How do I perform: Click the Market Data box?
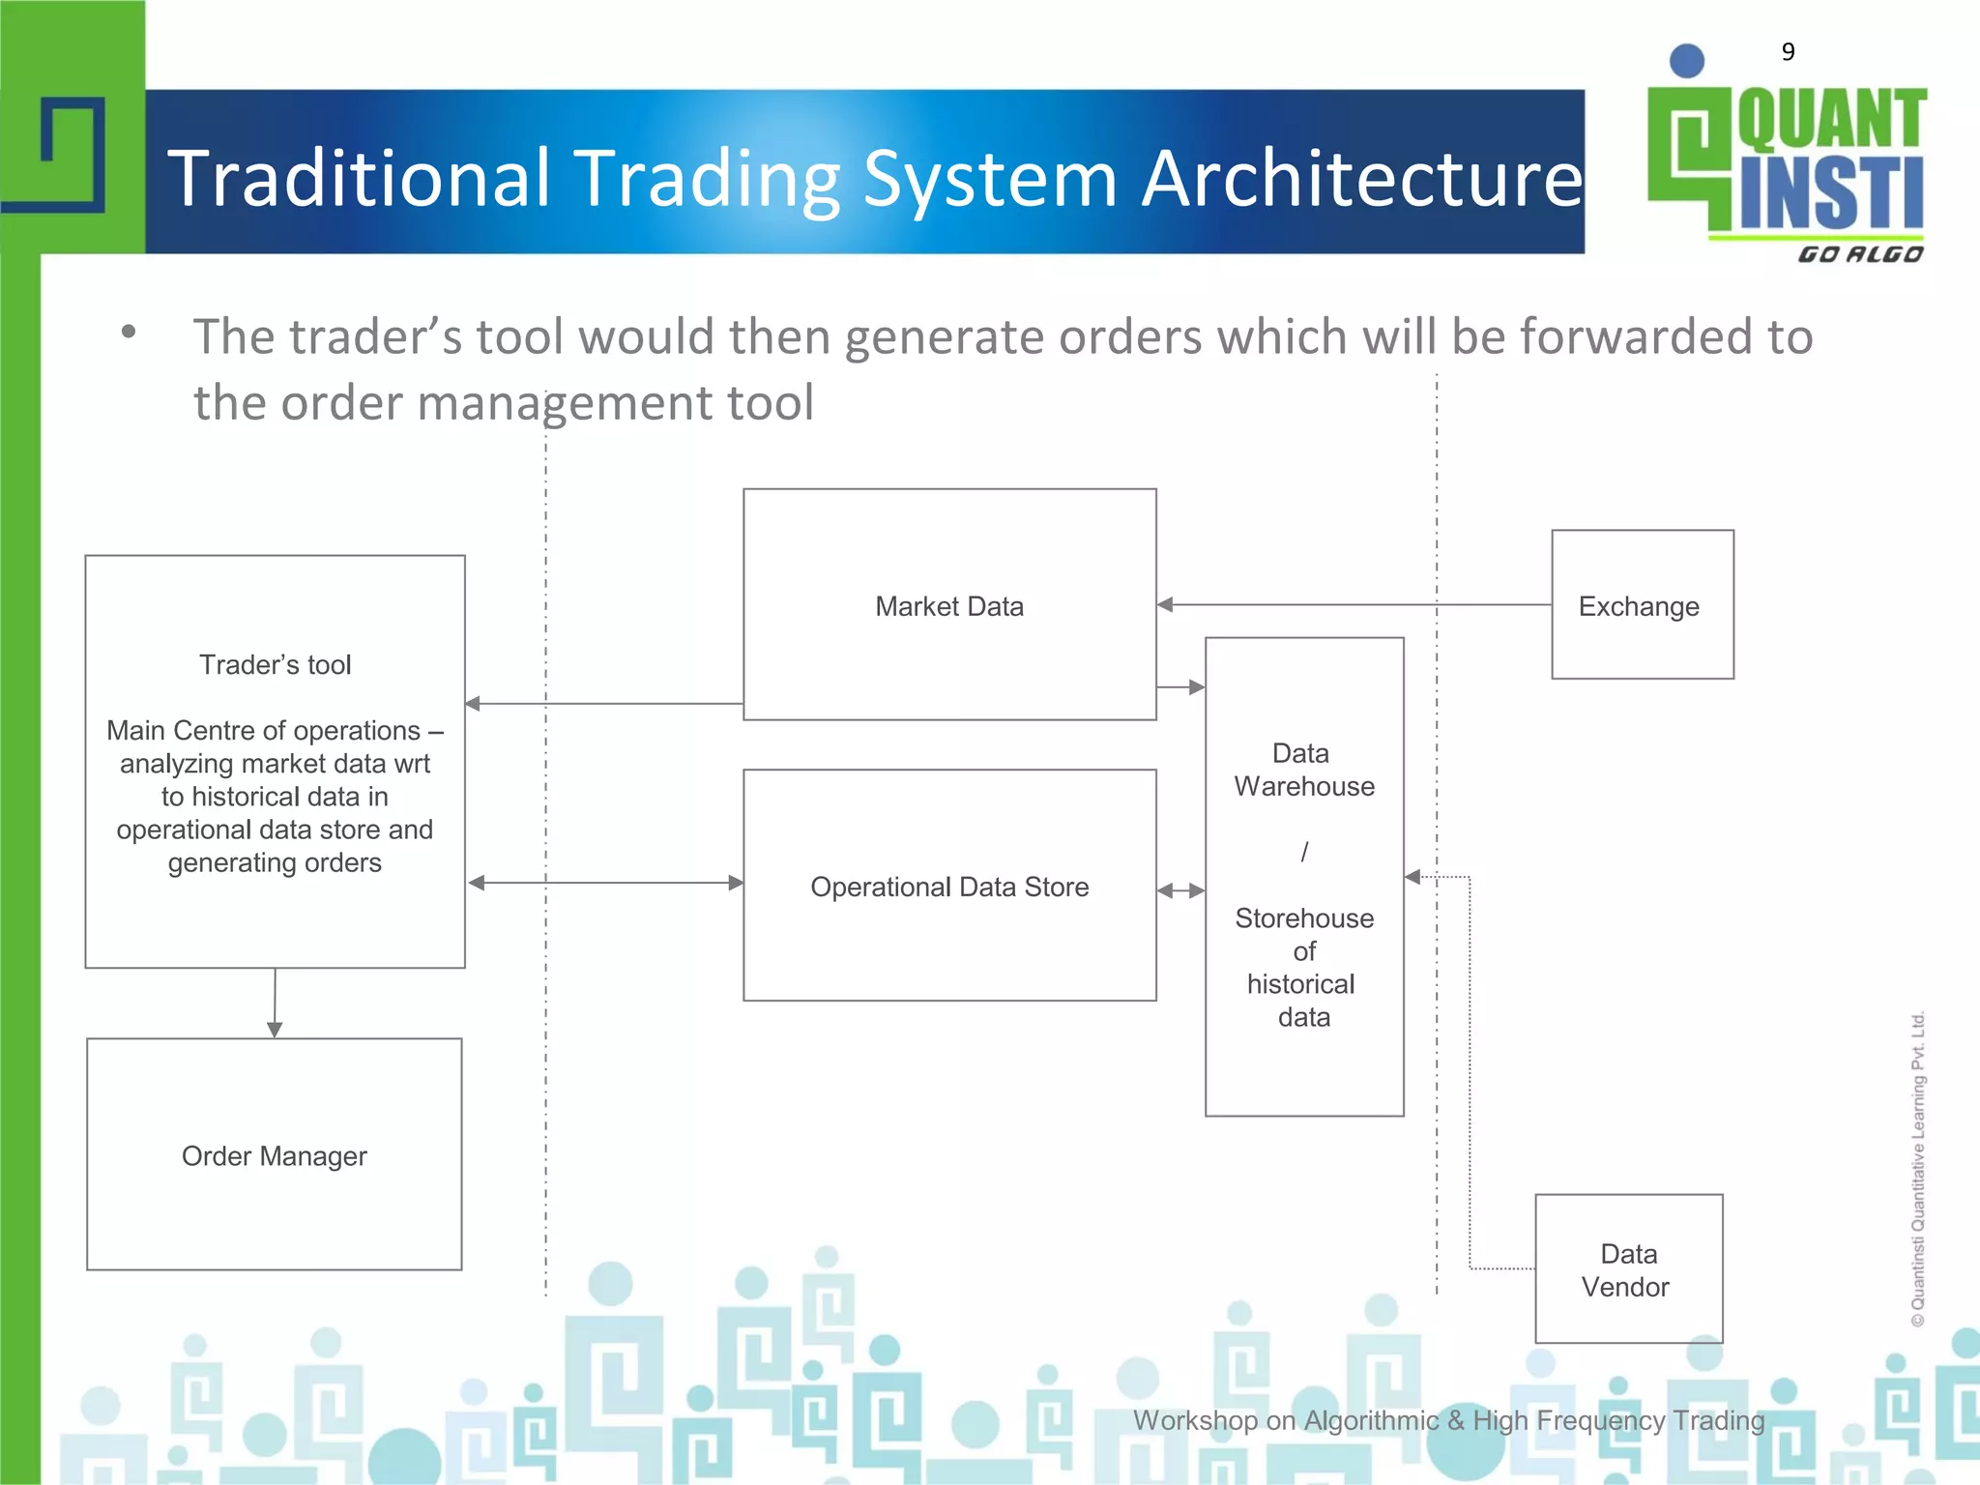[949, 605]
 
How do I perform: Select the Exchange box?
[1642, 605]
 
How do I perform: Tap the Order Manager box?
[275, 1155]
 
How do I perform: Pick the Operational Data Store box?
[949, 886]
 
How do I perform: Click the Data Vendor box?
[1628, 1269]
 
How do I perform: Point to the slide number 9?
[1788, 51]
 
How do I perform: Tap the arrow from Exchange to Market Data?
[1354, 605]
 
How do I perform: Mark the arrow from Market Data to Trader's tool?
[604, 704]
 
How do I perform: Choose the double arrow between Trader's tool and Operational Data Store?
[605, 883]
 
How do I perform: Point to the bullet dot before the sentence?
[129, 333]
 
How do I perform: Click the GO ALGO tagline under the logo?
[1859, 254]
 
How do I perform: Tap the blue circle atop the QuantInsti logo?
[1687, 61]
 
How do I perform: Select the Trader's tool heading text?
[275, 665]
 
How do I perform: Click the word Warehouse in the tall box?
[1304, 787]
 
